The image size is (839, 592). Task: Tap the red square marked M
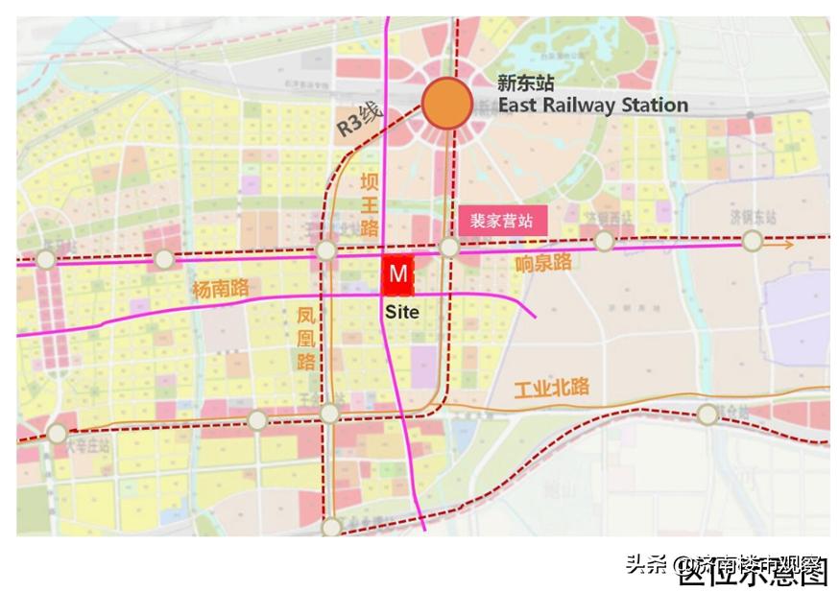point(397,275)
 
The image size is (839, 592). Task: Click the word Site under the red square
point(401,312)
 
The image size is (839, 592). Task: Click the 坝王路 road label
point(370,204)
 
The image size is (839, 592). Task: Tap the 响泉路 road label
point(543,262)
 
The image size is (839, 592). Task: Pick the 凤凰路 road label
point(305,337)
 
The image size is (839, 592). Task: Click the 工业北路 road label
point(551,389)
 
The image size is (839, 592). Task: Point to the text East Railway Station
point(592,105)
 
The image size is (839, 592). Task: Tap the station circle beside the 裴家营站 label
point(449,248)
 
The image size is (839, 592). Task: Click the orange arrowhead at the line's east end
point(787,245)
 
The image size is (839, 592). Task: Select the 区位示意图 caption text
point(752,574)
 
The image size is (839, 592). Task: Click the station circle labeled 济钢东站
point(752,240)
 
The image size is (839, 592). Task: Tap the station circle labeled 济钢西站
point(604,241)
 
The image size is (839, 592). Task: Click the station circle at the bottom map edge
point(331,527)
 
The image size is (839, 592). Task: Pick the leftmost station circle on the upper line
point(46,259)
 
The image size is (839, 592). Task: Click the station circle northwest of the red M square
point(326,251)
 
